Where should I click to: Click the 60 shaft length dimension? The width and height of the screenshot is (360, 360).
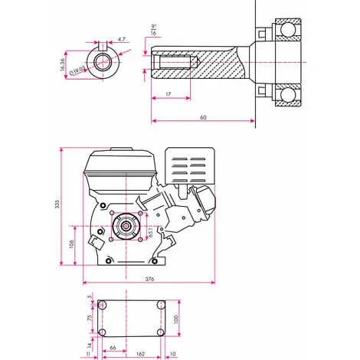click(203, 116)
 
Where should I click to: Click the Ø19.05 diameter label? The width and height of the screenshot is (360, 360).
click(77, 70)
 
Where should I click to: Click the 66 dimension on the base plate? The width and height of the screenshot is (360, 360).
click(113, 347)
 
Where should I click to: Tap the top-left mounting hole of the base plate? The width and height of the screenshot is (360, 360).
click(103, 305)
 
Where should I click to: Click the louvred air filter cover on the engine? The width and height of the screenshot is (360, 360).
click(188, 172)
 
